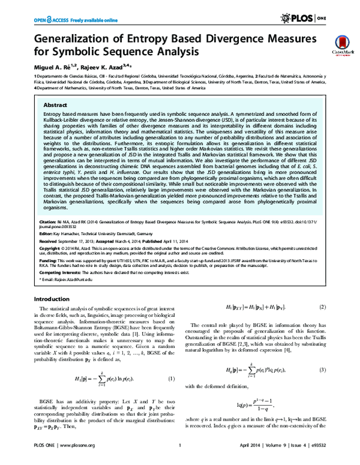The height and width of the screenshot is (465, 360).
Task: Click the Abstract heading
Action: tap(52, 104)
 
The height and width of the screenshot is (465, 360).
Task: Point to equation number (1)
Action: tap(171, 395)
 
